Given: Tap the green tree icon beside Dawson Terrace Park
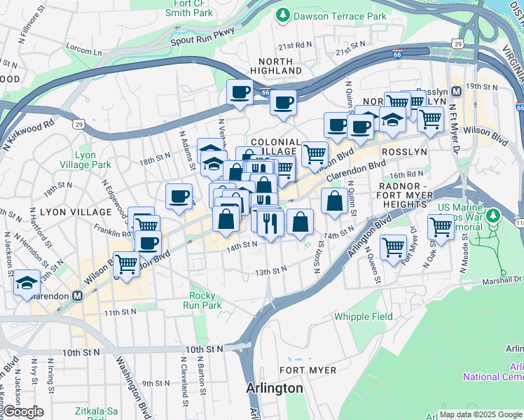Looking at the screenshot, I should click(x=283, y=15).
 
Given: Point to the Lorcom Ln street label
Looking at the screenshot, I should click(x=84, y=50).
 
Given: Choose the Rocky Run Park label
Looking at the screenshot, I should click(x=202, y=301).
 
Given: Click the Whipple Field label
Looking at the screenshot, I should click(x=363, y=316).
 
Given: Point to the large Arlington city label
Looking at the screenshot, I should click(x=275, y=388).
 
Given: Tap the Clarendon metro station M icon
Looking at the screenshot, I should click(x=78, y=295).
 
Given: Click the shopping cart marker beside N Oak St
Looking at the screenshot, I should click(x=441, y=227).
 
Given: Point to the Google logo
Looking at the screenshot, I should click(x=24, y=412).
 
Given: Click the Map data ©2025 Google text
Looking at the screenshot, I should click(x=481, y=414).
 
